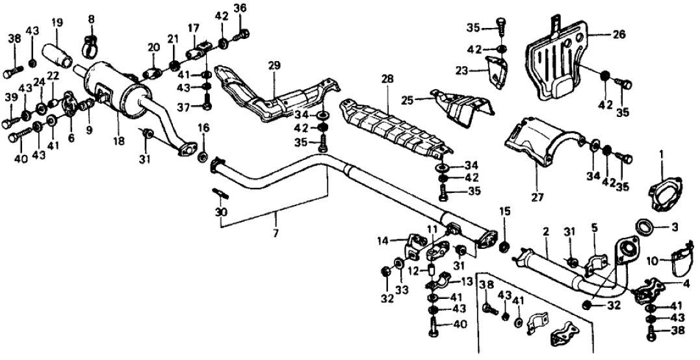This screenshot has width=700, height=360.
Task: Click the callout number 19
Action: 57,23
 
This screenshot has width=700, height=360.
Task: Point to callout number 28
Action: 388,79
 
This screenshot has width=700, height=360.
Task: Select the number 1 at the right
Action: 662,155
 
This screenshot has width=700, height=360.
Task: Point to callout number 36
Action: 240,8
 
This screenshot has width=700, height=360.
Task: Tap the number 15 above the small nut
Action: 505,211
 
